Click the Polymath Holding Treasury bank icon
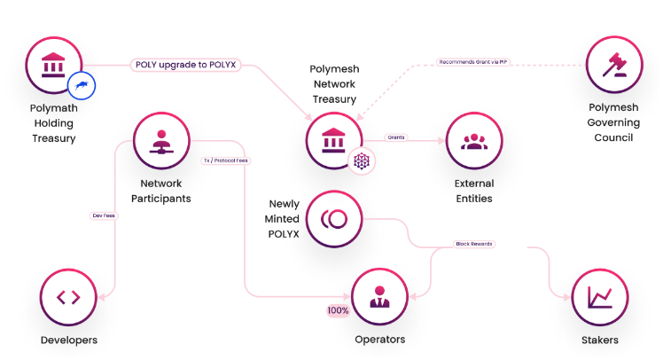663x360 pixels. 53,65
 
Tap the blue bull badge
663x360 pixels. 82,86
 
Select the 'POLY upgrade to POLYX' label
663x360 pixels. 184,65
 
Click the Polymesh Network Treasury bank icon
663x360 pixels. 334,140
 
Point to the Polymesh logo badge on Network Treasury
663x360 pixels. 362,161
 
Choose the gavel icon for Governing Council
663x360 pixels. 613,65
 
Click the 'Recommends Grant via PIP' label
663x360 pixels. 473,62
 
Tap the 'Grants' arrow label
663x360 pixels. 396,137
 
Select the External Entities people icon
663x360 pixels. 473,140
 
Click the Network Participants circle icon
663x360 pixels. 161,140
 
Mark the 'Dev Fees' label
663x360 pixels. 104,215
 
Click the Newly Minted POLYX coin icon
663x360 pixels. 335,218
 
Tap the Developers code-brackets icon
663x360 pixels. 68,297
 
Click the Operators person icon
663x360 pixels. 380,297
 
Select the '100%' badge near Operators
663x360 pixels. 338,311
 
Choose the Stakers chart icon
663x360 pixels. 600,297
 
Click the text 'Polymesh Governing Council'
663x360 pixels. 612,122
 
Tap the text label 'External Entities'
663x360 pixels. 473,191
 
